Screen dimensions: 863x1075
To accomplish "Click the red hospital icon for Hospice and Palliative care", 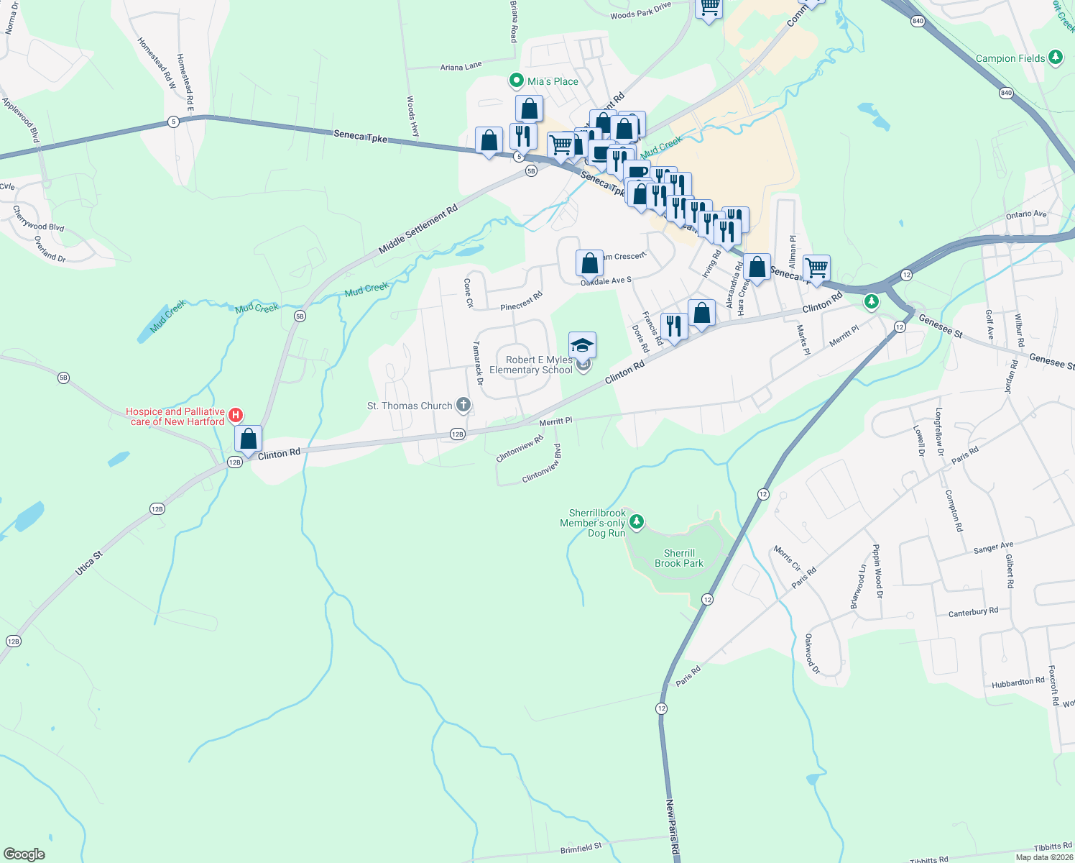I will (x=235, y=416).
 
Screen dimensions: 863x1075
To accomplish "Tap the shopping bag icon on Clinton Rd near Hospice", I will (x=248, y=439).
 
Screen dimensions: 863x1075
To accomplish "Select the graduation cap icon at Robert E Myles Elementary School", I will (x=582, y=345).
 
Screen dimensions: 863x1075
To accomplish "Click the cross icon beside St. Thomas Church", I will (x=463, y=406).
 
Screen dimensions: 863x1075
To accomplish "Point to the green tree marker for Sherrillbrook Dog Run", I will (x=636, y=521).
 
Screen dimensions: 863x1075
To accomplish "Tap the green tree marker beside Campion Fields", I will (x=1055, y=58).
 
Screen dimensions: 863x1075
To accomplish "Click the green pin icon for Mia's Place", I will (x=516, y=81).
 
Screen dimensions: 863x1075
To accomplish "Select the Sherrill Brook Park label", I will (x=679, y=558).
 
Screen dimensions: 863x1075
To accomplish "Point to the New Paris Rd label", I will (x=672, y=827).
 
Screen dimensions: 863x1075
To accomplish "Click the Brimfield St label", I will (x=581, y=849).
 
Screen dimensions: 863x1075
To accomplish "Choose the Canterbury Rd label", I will (x=973, y=612).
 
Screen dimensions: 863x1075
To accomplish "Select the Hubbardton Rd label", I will (x=1018, y=682).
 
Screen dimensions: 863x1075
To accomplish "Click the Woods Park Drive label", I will (x=640, y=10).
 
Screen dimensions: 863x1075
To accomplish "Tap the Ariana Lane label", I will (x=461, y=67).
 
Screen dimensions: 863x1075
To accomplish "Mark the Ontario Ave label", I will (x=1026, y=214).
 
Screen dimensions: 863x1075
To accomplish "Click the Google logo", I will (x=24, y=854).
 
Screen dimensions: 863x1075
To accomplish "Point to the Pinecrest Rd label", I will (x=521, y=301).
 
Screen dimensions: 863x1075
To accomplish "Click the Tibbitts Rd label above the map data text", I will (x=1052, y=847).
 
